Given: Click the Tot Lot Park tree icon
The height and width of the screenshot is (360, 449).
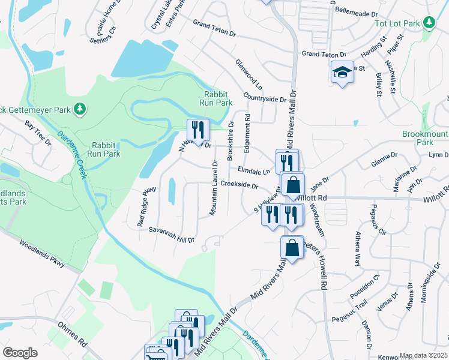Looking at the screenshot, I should coord(429,23).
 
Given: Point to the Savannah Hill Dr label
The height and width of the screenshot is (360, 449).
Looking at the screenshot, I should coord(172,235).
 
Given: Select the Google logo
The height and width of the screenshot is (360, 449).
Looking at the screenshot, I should coord(20,353).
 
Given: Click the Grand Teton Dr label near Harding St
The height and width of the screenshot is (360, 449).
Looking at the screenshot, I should coord(320,54).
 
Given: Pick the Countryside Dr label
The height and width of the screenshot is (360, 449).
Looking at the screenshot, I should coord(265,98).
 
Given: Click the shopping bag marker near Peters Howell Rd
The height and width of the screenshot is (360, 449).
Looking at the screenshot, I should coord(292,247).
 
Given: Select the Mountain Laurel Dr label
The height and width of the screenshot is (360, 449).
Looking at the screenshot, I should coord(213,187).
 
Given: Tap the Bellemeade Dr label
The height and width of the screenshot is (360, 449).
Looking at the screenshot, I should coord(358,11).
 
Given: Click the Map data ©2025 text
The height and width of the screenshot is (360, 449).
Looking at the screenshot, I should coord(424,355).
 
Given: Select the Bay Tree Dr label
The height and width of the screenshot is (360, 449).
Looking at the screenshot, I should coord(39,132).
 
